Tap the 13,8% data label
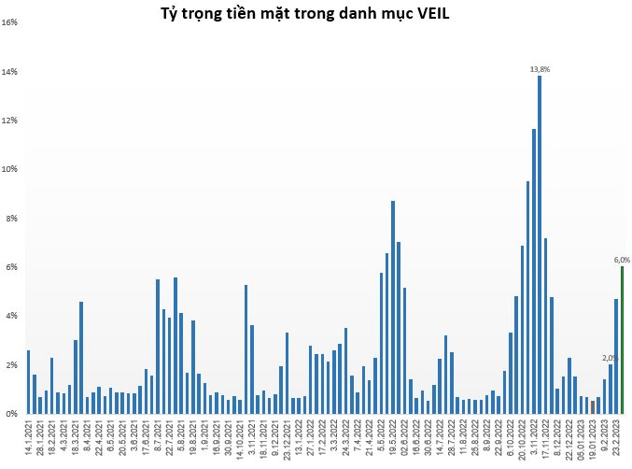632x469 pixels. (540, 69)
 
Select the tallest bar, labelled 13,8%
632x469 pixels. (540, 243)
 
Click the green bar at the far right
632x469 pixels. (622, 340)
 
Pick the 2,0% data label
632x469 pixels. (610, 358)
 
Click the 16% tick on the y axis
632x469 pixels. (11, 22)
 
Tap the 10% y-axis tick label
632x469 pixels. (11, 169)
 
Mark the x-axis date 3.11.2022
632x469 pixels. (534, 439)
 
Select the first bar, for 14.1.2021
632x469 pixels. (29, 381)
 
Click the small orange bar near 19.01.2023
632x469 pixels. (593, 406)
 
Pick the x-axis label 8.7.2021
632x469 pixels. (158, 439)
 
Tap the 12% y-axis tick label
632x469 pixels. (11, 121)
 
